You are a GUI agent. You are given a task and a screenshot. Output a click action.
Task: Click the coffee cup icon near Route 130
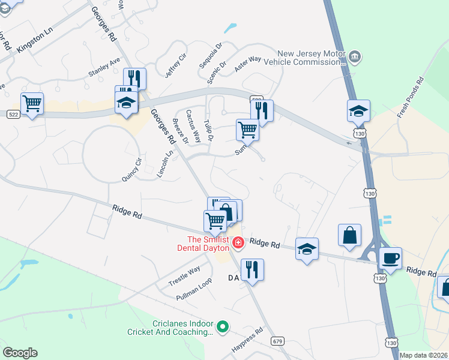[x=391, y=257]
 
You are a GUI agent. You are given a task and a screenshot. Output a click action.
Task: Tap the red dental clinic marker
[x=238, y=243]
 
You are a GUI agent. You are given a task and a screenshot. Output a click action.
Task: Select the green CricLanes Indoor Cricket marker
[x=223, y=327]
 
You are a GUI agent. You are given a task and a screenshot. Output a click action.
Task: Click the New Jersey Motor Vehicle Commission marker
[x=355, y=57]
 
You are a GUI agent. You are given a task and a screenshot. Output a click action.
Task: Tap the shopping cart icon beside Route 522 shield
[x=32, y=103]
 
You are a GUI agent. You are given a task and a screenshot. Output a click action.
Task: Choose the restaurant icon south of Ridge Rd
[x=252, y=269]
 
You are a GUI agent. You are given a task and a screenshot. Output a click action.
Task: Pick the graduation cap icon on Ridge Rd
[x=307, y=249]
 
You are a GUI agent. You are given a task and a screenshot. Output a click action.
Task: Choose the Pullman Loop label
[x=194, y=289]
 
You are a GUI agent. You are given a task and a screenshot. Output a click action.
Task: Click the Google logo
[x=20, y=353]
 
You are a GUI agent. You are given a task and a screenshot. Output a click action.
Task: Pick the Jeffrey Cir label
[x=176, y=65]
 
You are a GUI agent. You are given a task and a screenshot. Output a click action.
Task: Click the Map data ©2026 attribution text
[x=423, y=355]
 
